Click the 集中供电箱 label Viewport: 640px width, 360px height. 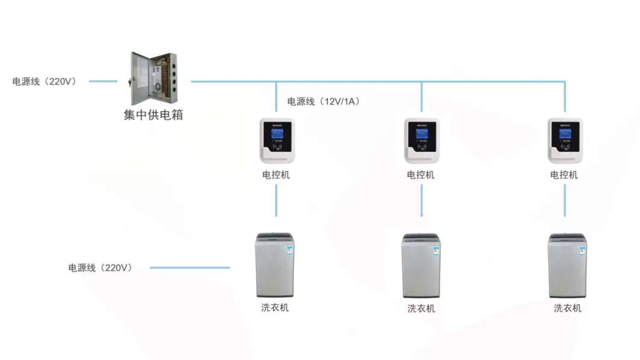[x=153, y=115]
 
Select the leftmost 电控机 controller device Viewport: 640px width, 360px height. [x=277, y=141]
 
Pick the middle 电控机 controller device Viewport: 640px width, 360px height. [x=421, y=141]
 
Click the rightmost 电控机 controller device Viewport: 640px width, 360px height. [x=565, y=141]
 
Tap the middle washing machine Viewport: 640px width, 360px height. [x=421, y=265]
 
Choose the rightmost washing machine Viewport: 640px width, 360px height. [x=567, y=265]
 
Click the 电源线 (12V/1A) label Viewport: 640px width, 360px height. [x=324, y=101]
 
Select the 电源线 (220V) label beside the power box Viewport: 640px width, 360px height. [x=45, y=81]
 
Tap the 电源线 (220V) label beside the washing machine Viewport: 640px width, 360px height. [x=100, y=268]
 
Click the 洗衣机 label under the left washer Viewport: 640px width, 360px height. [x=275, y=307]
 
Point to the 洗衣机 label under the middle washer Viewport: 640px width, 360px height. [x=421, y=308]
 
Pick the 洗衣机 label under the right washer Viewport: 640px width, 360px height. [x=568, y=308]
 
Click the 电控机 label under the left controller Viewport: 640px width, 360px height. [x=276, y=175]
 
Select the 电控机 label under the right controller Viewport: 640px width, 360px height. [x=564, y=175]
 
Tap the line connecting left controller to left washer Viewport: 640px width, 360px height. [x=277, y=200]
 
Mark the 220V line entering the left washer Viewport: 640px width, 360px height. [x=189, y=268]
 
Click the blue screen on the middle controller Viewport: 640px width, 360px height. [x=421, y=131]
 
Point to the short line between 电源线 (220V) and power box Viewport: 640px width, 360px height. [x=103, y=81]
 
